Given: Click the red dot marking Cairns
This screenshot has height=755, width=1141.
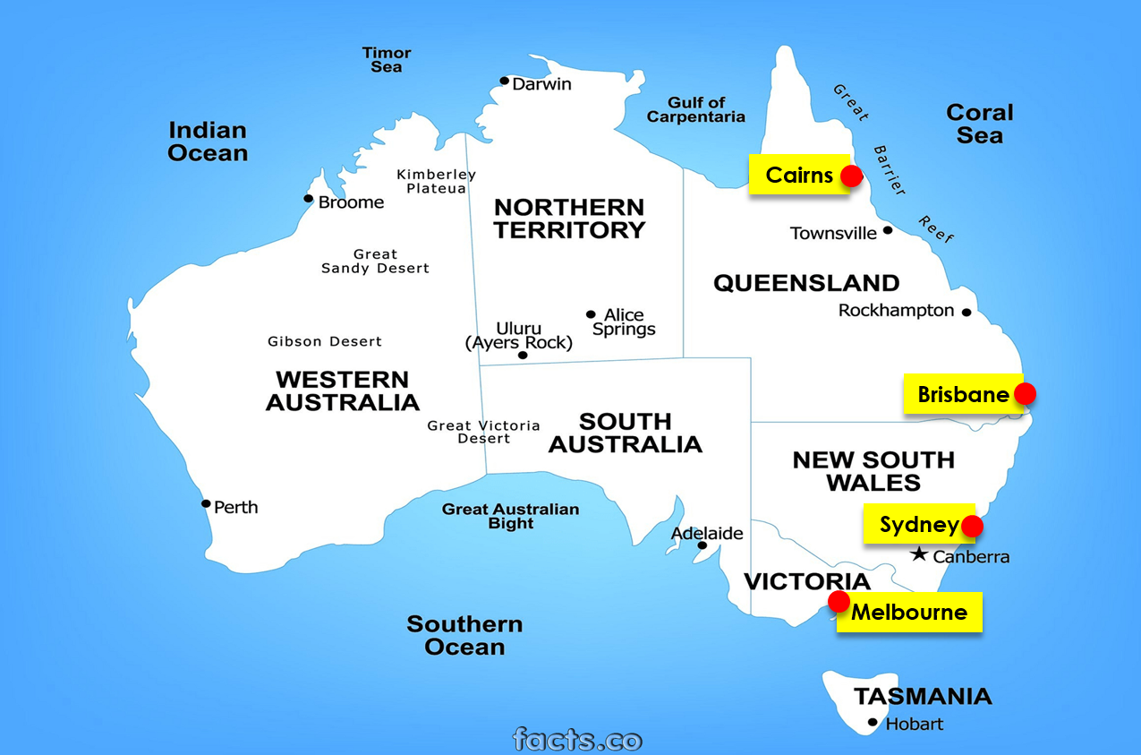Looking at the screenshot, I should (x=852, y=176).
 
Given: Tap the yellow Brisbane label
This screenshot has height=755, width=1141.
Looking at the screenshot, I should (x=962, y=394).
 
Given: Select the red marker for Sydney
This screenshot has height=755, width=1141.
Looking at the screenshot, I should (x=972, y=526).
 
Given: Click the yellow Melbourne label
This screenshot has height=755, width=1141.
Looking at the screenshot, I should (x=909, y=613).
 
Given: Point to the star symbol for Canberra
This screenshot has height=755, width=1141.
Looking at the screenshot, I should (x=919, y=555).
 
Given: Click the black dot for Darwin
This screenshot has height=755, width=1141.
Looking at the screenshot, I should (x=505, y=82).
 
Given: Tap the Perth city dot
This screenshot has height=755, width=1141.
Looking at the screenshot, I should (x=206, y=503).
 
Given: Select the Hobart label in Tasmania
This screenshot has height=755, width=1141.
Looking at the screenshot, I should (x=914, y=724).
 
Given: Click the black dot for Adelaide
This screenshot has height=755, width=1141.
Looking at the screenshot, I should (x=702, y=545).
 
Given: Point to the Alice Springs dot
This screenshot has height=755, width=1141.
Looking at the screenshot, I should (x=591, y=314).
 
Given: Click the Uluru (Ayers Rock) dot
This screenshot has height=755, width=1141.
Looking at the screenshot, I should (x=523, y=356).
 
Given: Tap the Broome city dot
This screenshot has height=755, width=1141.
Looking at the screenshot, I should (x=309, y=199).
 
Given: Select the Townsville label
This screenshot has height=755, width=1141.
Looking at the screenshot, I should (x=833, y=234).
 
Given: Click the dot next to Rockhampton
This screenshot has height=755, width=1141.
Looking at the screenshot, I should (x=966, y=313).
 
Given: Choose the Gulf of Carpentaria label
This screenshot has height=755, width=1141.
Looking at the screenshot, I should (x=695, y=109).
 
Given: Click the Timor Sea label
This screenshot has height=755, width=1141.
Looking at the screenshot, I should (x=387, y=60).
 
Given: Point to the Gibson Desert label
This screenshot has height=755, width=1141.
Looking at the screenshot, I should (x=325, y=341).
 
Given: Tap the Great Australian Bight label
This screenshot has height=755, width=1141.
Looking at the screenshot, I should (x=510, y=516).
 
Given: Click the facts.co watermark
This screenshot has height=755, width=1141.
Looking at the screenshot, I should (x=577, y=740).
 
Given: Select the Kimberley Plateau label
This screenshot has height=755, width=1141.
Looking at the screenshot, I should (x=436, y=181).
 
